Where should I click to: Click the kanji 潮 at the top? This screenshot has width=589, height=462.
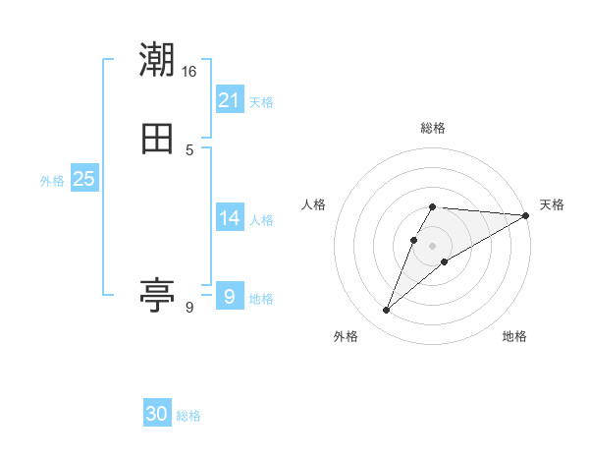click(157, 61)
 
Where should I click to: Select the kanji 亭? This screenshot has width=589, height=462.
click(157, 293)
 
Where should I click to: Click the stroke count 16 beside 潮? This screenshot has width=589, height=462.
click(189, 72)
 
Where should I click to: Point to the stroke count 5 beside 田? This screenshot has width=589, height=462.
click(189, 150)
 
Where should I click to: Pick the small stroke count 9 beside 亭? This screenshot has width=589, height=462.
click(189, 308)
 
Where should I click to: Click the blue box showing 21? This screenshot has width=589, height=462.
click(230, 99)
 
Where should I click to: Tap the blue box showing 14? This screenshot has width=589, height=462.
click(230, 218)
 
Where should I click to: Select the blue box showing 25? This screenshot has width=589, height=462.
click(84, 179)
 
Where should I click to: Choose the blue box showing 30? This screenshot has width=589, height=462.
click(157, 414)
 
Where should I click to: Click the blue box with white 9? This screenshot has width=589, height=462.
click(230, 297)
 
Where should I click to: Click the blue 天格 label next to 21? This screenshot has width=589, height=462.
click(261, 102)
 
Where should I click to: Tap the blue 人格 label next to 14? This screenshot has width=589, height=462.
click(261, 220)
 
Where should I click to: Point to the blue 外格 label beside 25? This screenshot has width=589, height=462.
click(52, 181)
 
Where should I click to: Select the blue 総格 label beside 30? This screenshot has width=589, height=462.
click(188, 416)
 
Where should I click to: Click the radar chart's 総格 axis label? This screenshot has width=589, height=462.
click(433, 128)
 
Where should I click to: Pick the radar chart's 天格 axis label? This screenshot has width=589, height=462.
click(552, 204)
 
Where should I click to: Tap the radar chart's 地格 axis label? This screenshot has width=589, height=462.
click(514, 336)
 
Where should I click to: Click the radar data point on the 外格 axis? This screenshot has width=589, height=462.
click(387, 311)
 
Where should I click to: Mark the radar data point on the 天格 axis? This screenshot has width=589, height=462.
click(526, 215)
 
